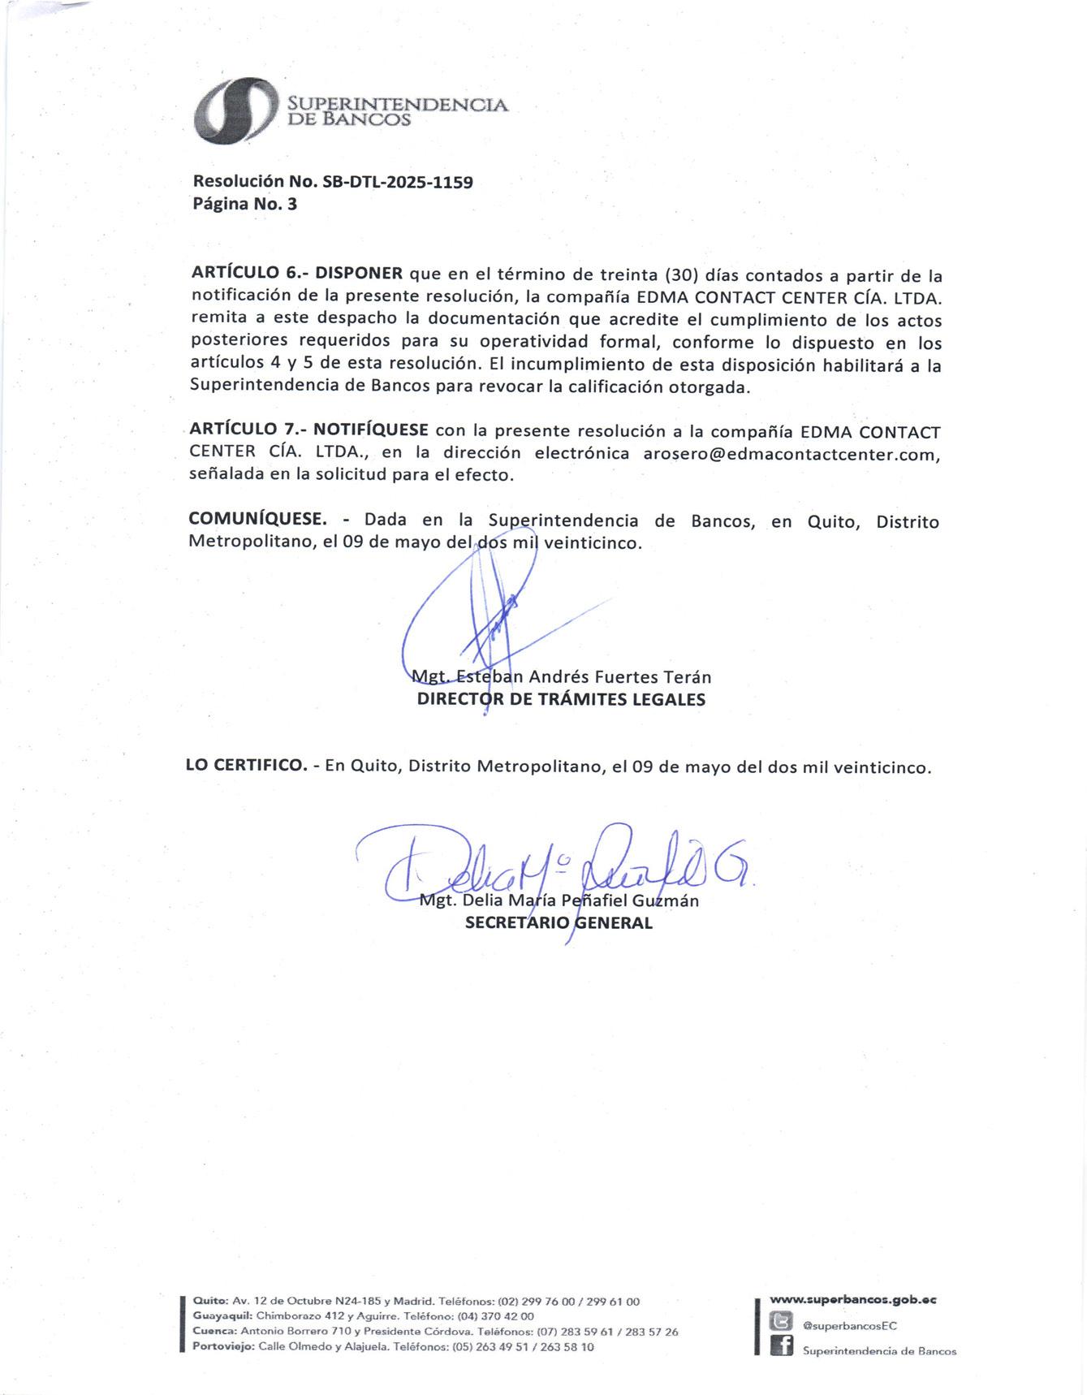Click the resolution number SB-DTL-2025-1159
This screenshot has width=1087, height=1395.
[398, 182]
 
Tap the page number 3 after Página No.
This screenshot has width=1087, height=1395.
[292, 204]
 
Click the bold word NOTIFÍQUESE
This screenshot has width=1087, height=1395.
[371, 430]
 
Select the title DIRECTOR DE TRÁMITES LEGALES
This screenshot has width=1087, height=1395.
[561, 699]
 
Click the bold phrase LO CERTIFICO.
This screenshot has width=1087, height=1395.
[246, 765]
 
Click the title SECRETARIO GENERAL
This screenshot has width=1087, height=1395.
[559, 923]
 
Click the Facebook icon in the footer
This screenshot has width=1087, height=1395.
[781, 1346]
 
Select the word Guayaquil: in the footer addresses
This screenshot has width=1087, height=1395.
[222, 1315]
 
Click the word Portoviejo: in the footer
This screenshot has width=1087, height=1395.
[223, 1346]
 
